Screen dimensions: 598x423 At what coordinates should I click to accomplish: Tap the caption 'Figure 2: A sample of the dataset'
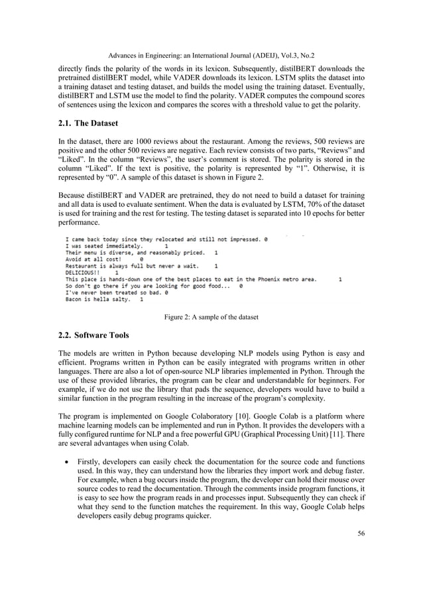(x=211, y=317)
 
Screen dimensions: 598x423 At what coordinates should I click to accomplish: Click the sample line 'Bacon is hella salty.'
(x=97, y=299)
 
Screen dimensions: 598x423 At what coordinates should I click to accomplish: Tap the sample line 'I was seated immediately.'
(x=103, y=245)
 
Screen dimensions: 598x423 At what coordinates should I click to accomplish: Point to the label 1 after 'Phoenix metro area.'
(x=340, y=279)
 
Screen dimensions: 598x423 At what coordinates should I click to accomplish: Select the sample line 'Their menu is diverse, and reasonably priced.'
(x=135, y=252)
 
